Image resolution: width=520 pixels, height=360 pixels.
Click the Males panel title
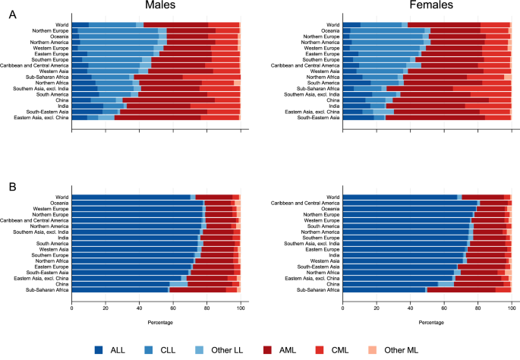160,5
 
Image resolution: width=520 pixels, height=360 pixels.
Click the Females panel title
431,5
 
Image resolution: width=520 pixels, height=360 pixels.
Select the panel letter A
13,14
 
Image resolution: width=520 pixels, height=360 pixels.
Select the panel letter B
13,187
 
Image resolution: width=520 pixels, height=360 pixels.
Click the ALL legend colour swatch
99,349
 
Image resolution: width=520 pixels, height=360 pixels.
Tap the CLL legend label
168,350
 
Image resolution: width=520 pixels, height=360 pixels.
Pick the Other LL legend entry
219,350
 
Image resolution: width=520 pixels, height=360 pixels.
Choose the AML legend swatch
267,349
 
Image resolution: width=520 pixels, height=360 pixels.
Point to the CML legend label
340,350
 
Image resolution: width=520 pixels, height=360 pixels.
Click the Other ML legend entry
393,350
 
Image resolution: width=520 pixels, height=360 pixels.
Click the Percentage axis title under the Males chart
160,322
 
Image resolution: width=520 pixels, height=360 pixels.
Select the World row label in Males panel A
62,25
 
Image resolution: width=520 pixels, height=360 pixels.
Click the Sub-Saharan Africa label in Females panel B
318,290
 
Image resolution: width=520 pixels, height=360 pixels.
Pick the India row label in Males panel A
63,106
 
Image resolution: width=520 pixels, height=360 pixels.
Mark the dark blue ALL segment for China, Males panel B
121,284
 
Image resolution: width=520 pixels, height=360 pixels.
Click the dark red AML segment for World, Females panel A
444,25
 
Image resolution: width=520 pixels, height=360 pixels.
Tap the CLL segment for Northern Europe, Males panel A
118,30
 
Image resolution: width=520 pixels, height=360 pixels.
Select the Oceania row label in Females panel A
330,30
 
